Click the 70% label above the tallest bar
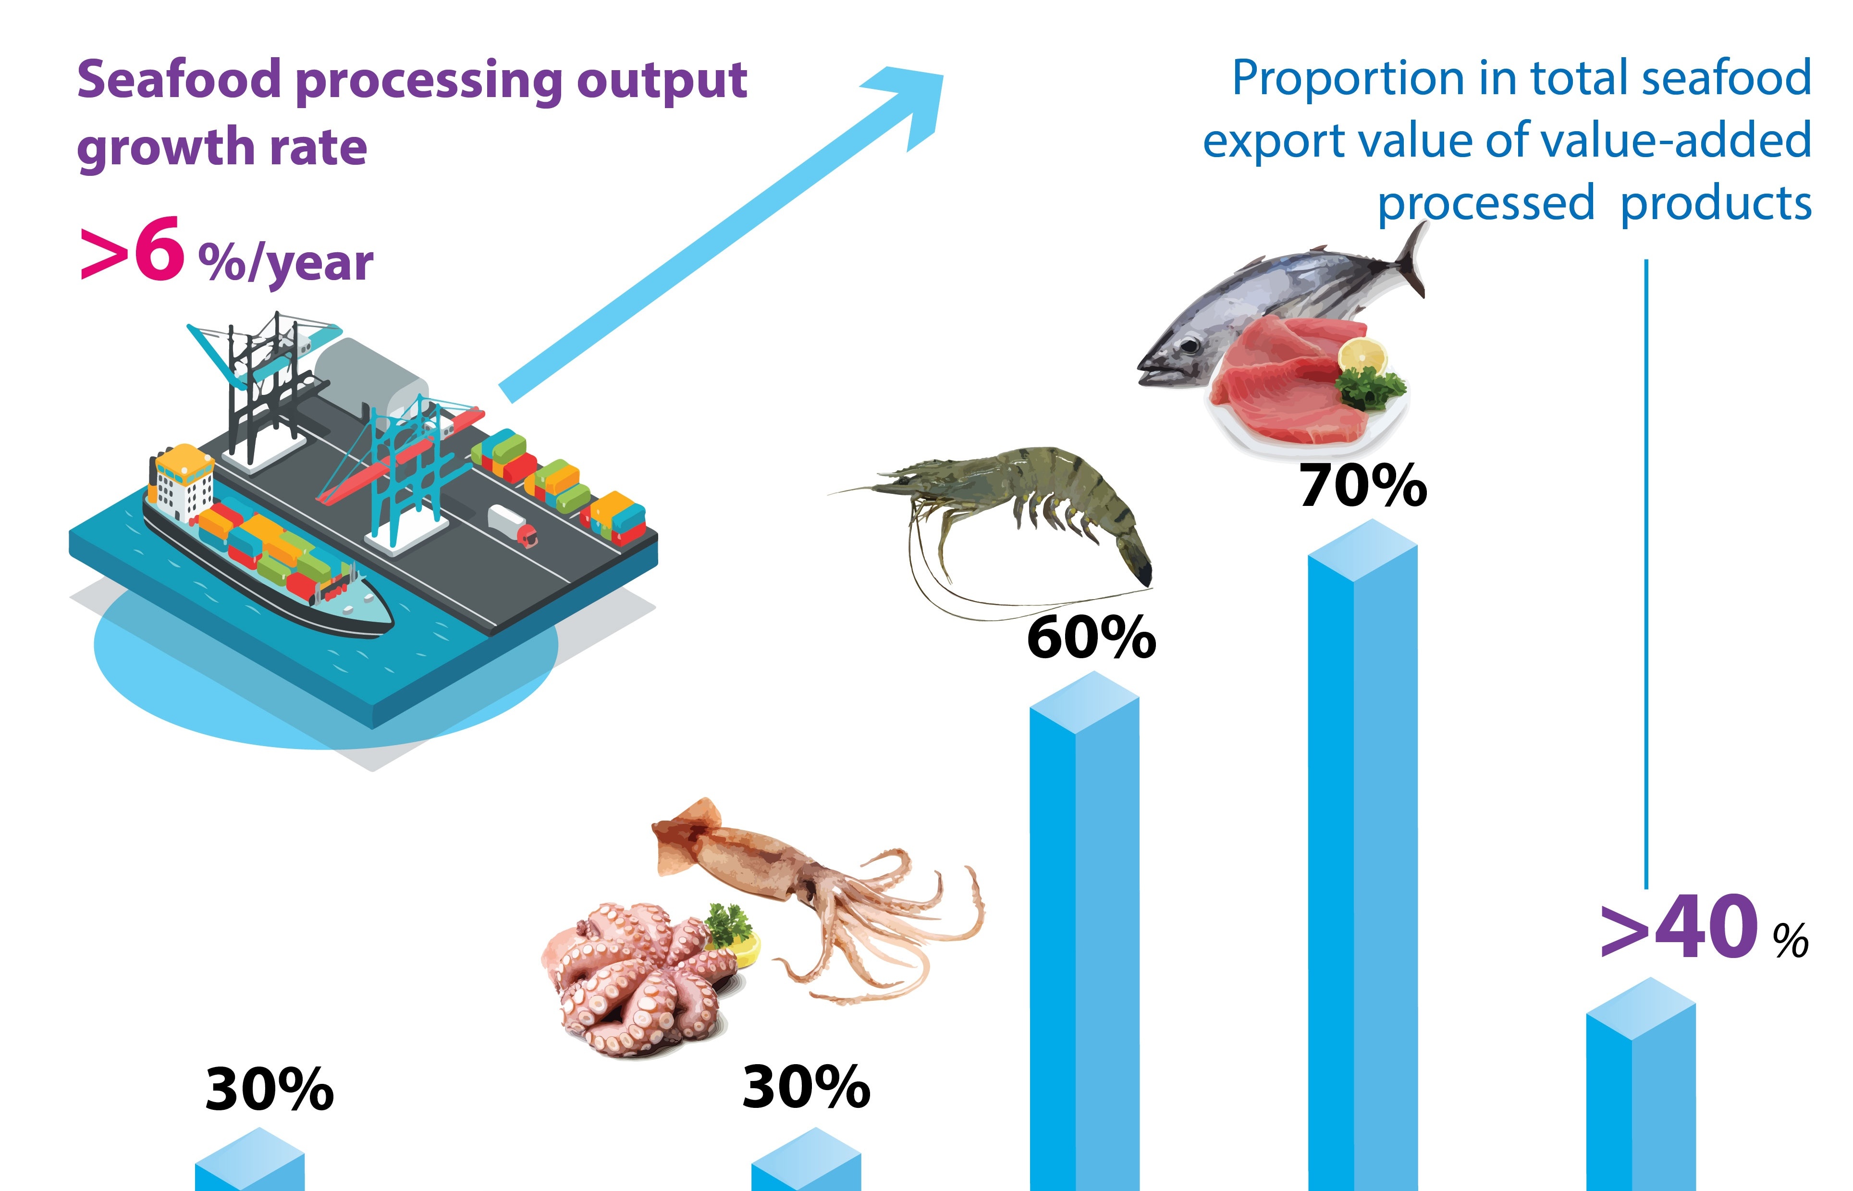[1362, 486]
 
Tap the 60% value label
[1091, 638]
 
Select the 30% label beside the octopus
[806, 1087]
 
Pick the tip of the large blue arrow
[943, 75]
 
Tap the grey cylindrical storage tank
[371, 379]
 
